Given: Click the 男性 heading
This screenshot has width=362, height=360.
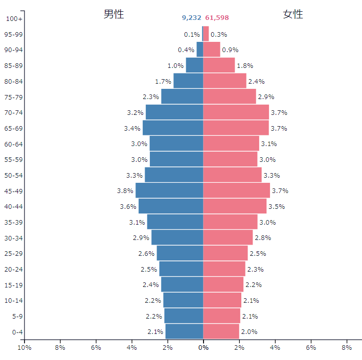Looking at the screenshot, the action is point(114,14).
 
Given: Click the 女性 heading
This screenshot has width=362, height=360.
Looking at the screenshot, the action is point(293,14).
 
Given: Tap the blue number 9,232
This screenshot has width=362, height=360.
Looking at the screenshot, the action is point(191,18).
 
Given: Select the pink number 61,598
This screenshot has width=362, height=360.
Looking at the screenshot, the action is point(217,18).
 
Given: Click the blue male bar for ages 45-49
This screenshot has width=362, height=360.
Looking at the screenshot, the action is point(169,190).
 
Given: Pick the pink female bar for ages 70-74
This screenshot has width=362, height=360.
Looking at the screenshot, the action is point(236,112).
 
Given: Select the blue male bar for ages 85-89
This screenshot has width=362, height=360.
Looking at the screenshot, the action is point(194,65).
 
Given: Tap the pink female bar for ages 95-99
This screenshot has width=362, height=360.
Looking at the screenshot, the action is point(206,34).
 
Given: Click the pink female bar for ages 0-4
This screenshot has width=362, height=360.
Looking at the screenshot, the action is point(221,331).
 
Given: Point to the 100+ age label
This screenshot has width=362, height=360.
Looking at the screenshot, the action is point(14,19).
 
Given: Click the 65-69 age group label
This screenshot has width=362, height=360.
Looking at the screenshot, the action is point(13,129).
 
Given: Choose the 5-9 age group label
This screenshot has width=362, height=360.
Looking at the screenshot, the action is point(17,317).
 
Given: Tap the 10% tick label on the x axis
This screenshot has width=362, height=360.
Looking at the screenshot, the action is point(25,348).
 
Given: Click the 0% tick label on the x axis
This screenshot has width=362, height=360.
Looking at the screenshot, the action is point(203,348).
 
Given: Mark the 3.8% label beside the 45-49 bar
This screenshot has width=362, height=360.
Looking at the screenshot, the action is point(125,191).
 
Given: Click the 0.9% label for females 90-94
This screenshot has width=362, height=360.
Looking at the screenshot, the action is point(230,50).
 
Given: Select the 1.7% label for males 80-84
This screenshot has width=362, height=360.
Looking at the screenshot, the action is point(163,81).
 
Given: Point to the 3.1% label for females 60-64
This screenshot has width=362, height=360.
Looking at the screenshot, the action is point(269,144).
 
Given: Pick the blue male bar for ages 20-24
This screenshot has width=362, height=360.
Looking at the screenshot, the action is point(181,269).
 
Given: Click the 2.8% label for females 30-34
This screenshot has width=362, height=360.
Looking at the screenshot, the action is point(263,238).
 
